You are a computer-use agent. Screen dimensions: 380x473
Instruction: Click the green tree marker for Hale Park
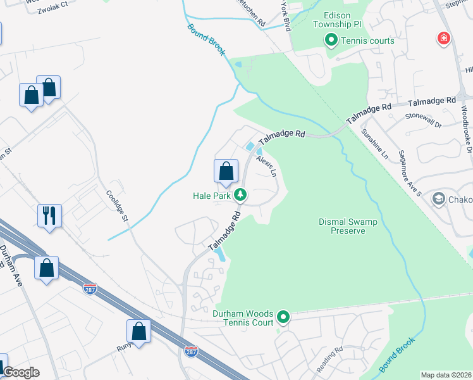(x=240, y=195)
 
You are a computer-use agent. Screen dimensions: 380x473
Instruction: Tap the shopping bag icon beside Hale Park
(x=226, y=170)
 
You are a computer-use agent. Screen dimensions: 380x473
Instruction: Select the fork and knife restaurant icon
(x=49, y=215)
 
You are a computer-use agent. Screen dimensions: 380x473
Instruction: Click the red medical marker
(x=445, y=39)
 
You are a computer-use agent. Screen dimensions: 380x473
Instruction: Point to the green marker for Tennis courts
(x=331, y=41)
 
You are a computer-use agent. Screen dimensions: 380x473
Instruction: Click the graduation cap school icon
(x=438, y=199)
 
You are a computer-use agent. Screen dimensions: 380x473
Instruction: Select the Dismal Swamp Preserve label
(x=348, y=226)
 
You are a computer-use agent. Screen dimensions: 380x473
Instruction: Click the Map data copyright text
(x=446, y=375)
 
